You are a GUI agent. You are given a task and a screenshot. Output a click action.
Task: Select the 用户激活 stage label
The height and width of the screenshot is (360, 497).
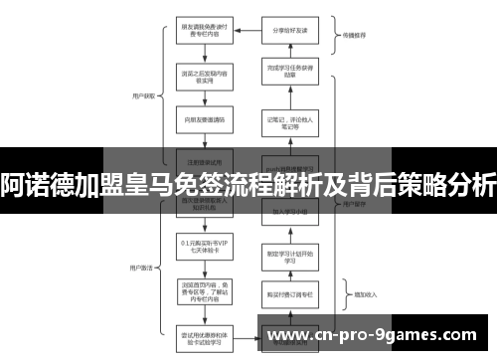[x=139, y=241]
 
